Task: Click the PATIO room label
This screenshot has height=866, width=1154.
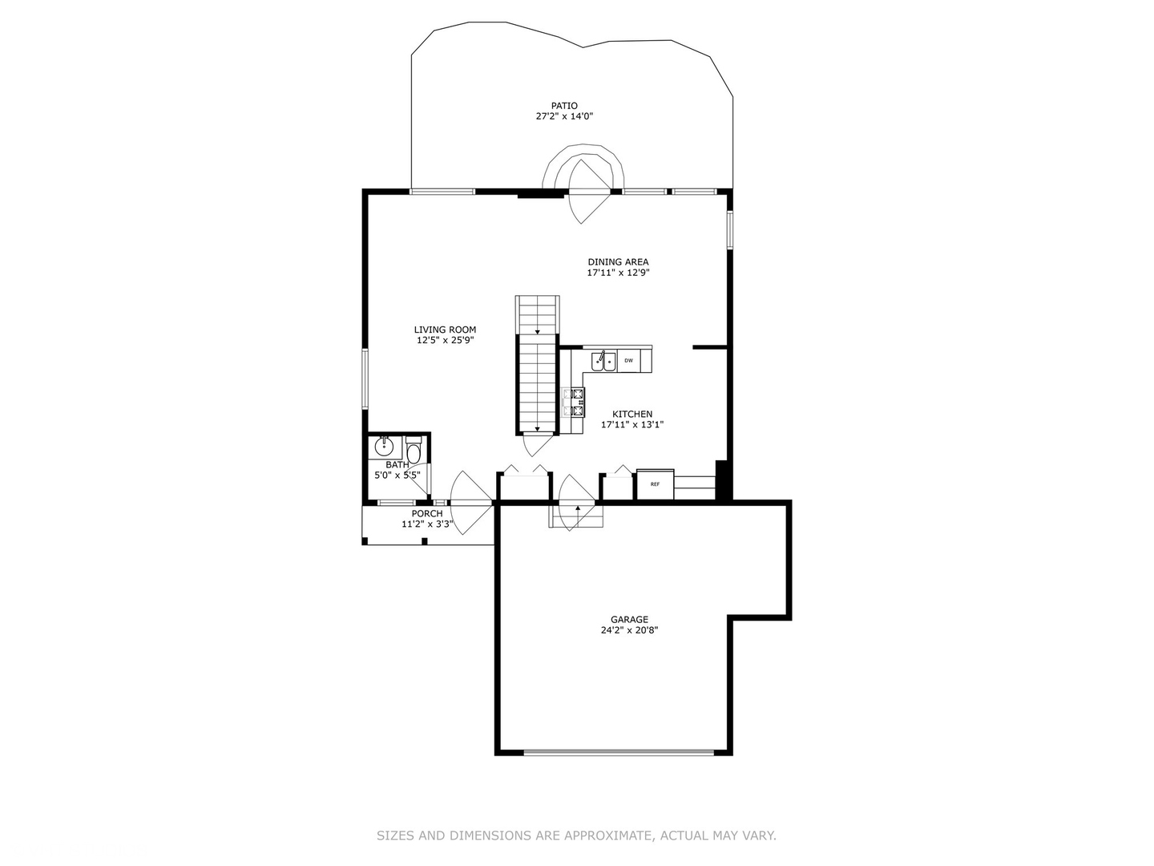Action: pos(564,106)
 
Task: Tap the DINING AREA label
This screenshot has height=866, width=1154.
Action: pos(618,262)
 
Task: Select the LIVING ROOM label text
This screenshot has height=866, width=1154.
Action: pos(445,330)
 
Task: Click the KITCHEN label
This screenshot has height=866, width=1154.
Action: pos(632,415)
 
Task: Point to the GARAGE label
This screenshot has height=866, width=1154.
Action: pos(629,620)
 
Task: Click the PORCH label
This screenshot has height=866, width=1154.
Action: pos(427,514)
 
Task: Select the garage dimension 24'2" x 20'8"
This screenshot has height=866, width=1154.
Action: pos(629,630)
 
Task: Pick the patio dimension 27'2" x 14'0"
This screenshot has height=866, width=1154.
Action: pos(564,116)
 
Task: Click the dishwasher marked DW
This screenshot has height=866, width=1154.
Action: pos(629,361)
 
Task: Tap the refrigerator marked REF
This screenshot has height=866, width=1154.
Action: pos(655,484)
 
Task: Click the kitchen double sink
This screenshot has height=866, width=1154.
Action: pos(604,362)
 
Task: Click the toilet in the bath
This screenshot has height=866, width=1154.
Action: pos(414,450)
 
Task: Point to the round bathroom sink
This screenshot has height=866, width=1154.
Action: pos(384,447)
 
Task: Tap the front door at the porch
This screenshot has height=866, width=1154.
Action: pos(471,503)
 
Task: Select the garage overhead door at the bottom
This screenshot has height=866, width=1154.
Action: pos(618,752)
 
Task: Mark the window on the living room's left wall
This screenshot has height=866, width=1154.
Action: pos(365,379)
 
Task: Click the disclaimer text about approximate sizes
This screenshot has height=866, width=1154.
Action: pos(576,836)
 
